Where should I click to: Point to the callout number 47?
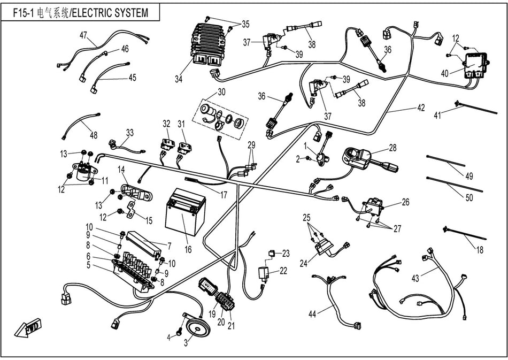(83, 35)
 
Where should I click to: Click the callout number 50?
(469, 197)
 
